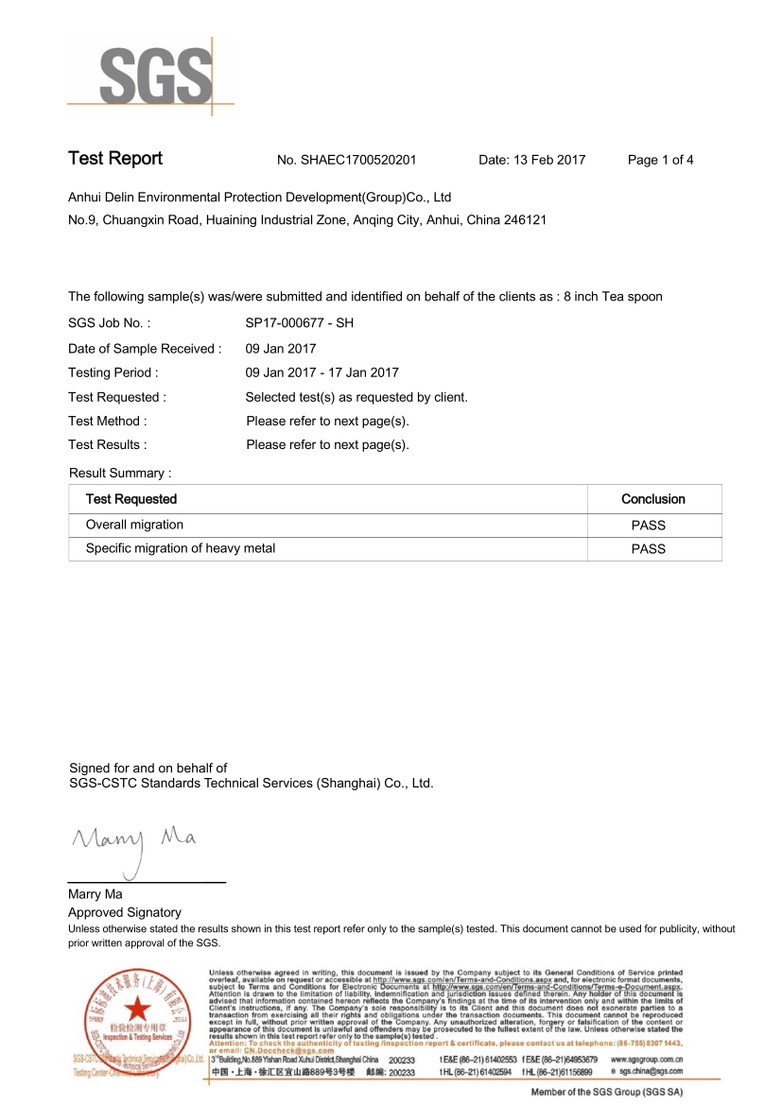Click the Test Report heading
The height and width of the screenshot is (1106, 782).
[x=115, y=159]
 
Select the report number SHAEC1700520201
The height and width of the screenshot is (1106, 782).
[x=359, y=161]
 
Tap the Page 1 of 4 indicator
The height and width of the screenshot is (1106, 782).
[x=660, y=161]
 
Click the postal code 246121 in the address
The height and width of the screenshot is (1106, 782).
[x=526, y=220]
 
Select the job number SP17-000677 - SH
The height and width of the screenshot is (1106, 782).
[x=299, y=323]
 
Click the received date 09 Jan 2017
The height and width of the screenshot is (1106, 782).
[x=281, y=349]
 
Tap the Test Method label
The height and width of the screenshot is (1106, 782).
[x=108, y=422]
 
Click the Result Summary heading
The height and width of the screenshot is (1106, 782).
[x=121, y=473]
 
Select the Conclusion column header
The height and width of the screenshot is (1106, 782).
[x=652, y=499]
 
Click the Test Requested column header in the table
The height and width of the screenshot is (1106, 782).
[x=131, y=499]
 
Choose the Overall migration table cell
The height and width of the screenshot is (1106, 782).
[x=135, y=525]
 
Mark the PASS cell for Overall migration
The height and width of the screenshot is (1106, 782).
[x=649, y=526]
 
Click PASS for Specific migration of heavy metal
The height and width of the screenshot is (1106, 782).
[x=649, y=549]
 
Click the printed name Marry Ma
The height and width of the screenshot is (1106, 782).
[x=95, y=894]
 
